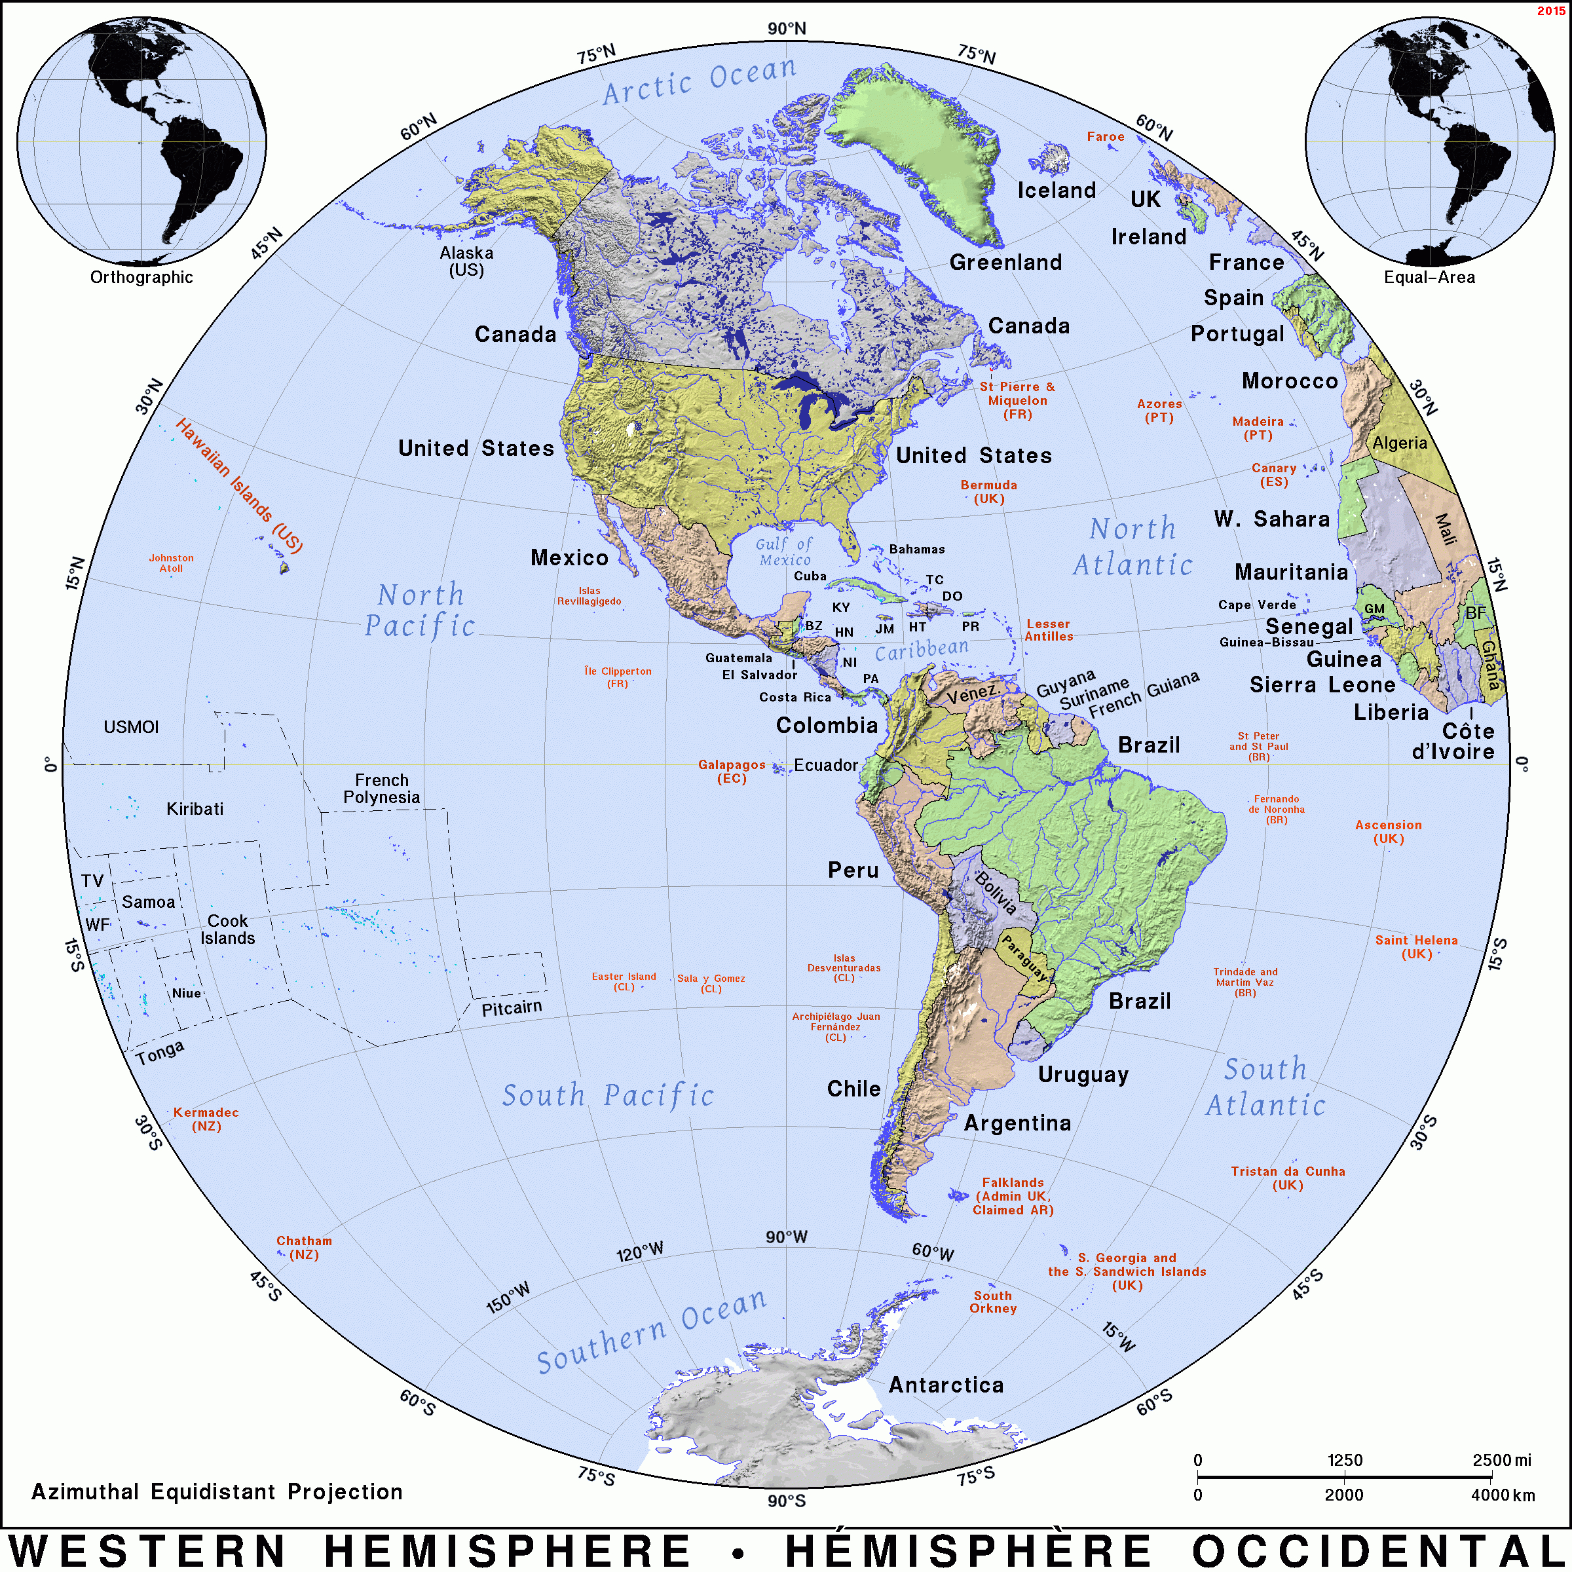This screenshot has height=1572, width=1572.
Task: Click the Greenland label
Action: (1005, 262)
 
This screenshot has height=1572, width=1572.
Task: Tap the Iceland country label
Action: (1056, 191)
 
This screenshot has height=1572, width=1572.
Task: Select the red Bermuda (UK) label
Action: (988, 491)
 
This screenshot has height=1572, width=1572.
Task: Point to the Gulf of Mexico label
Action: (783, 552)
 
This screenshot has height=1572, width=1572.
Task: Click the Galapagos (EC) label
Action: (732, 772)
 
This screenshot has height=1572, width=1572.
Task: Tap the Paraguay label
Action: (1024, 957)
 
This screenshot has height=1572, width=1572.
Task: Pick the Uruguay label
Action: (1083, 1075)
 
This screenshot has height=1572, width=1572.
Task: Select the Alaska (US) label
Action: (466, 261)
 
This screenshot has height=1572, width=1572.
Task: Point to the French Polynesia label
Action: (382, 789)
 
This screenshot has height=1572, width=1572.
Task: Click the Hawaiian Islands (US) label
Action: (239, 486)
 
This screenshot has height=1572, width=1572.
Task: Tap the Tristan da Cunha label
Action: (1288, 1178)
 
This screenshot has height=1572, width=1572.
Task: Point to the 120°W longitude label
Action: (639, 1252)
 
